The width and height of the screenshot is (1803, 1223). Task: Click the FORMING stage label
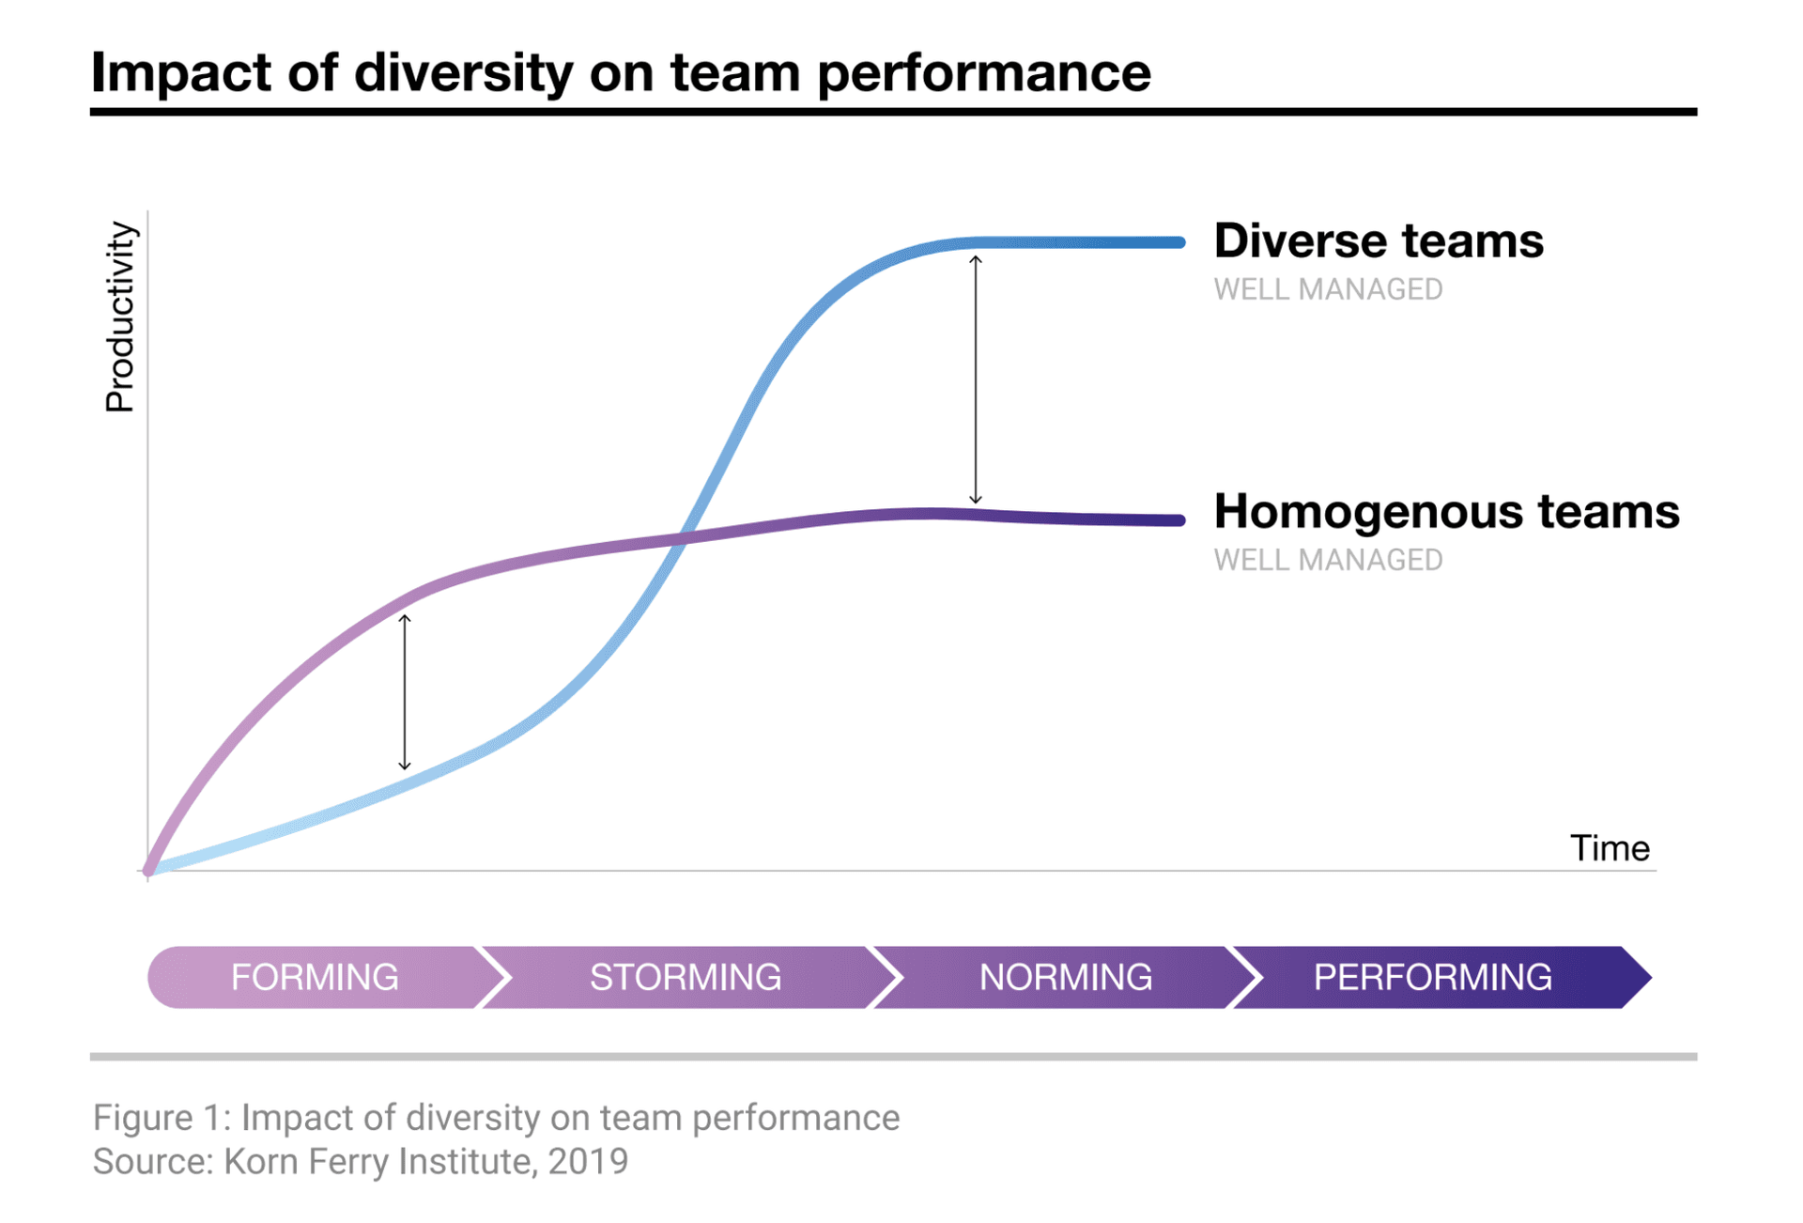click(x=315, y=977)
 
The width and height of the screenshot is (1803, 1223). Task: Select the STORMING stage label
click(x=686, y=977)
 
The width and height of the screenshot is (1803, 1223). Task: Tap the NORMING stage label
click(x=1065, y=977)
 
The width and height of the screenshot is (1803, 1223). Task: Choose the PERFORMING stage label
click(x=1432, y=977)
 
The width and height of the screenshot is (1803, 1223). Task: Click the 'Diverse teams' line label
click(x=1378, y=240)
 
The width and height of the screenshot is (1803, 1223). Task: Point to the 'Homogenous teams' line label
click(x=1446, y=511)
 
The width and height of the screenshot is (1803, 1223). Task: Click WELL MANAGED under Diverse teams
click(x=1328, y=289)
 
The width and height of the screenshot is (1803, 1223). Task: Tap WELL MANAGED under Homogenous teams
click(x=1328, y=560)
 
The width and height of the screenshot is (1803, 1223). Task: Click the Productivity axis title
click(x=120, y=317)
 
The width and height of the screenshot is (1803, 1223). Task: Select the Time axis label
click(x=1610, y=848)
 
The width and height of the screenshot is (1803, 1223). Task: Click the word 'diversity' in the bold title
click(x=463, y=71)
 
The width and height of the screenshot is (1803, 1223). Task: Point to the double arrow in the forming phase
click(x=405, y=692)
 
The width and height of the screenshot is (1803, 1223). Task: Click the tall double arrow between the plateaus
click(x=976, y=379)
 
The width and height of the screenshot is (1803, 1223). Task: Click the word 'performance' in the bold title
click(x=984, y=71)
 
